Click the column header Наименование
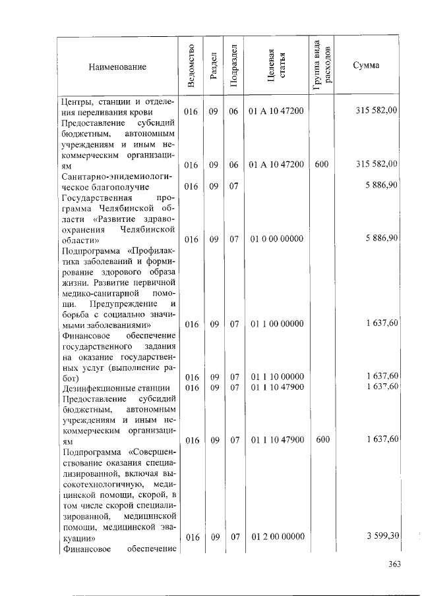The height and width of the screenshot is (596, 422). (x=117, y=67)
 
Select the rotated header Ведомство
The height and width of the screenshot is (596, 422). (x=191, y=66)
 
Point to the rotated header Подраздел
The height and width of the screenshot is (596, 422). (x=233, y=66)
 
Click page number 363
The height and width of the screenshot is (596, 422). (x=394, y=564)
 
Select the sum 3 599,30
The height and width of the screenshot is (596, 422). (x=382, y=537)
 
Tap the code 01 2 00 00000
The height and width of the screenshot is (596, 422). (x=277, y=537)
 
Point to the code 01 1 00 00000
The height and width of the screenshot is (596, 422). (x=277, y=323)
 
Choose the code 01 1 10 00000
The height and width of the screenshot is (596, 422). (x=277, y=377)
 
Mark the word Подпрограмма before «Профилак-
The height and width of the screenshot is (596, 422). (x=92, y=250)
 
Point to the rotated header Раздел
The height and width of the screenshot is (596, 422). (x=213, y=66)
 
